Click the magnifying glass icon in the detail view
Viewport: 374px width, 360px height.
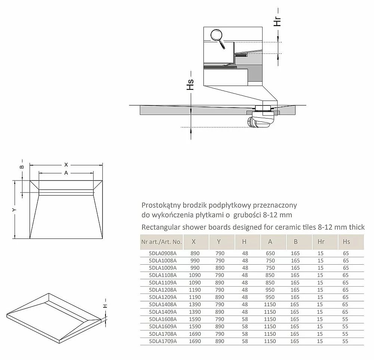[217, 38]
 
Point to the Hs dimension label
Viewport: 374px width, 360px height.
[190, 84]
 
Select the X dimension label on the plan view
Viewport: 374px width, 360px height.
[66, 164]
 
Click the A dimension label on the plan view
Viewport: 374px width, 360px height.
[66, 173]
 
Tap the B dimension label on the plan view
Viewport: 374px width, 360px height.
[22, 167]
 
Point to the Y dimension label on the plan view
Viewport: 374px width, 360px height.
[15, 210]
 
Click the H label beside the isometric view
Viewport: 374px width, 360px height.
[105, 306]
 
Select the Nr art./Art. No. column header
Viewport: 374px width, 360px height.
[162, 242]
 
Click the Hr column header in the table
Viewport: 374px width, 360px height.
[321, 242]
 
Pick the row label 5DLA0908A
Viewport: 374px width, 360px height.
[163, 253]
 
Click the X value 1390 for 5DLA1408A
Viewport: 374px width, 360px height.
[195, 304]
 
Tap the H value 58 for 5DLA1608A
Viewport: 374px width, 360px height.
[245, 319]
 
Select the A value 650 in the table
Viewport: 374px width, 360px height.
[270, 253]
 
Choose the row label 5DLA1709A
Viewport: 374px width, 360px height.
[163, 341]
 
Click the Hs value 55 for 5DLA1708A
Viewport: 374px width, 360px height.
[345, 334]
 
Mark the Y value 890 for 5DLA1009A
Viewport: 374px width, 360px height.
[220, 268]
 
